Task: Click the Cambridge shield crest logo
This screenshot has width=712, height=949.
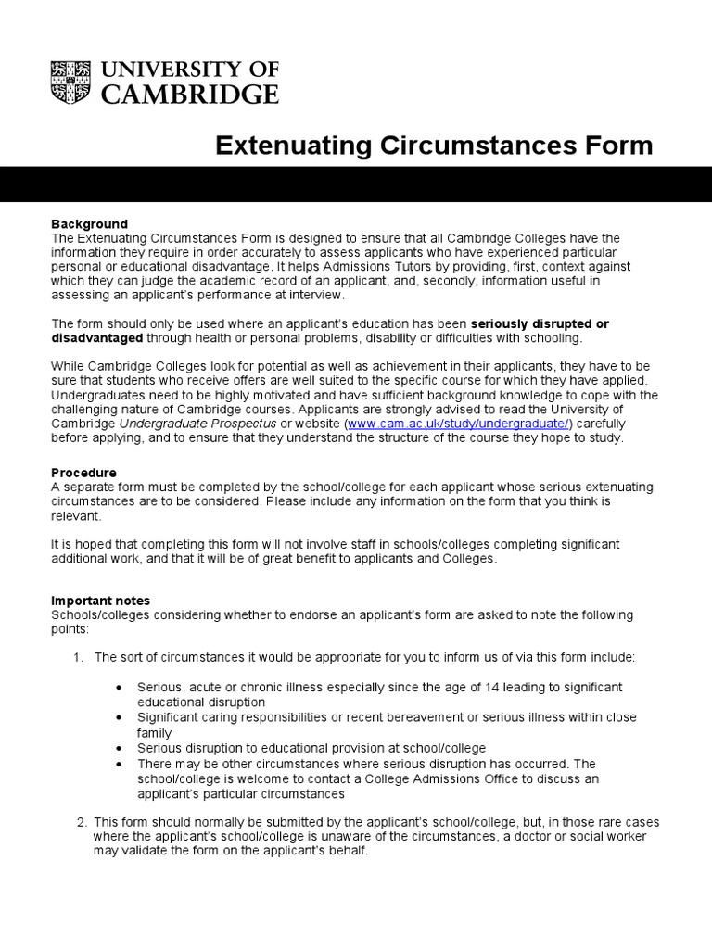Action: coord(72,82)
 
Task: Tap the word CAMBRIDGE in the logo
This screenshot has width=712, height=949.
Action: coord(189,94)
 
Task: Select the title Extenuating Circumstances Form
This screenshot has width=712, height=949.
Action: coord(434,146)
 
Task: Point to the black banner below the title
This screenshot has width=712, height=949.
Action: coord(356,184)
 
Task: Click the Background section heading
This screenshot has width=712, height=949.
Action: coord(89,224)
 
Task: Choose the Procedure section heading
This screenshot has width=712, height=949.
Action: coord(83,473)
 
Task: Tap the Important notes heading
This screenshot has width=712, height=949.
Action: coord(100,601)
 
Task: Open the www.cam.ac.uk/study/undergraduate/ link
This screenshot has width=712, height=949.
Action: coord(459,424)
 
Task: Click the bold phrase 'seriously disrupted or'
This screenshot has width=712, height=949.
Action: coord(540,323)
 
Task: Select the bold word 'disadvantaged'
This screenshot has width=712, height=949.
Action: coord(96,337)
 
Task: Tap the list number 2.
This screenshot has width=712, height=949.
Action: coord(81,822)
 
